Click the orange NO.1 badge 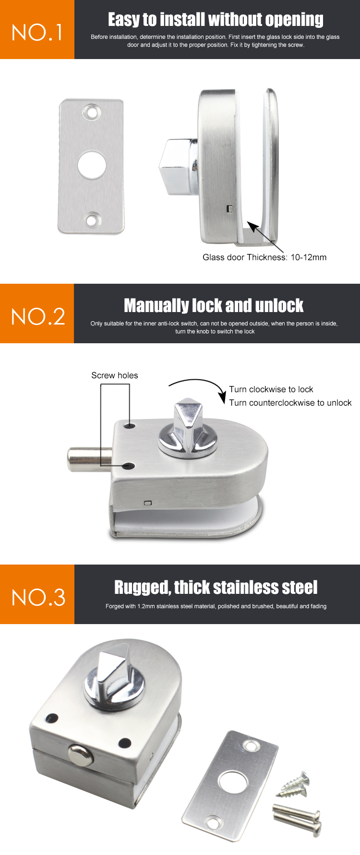click(x=37, y=30)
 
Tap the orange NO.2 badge click(x=37, y=314)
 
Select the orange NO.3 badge click(x=37, y=595)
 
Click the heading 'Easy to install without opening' click(x=216, y=20)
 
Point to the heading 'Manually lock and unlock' click(x=214, y=305)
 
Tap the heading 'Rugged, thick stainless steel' click(x=216, y=587)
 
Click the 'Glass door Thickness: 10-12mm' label click(x=264, y=257)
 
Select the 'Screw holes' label click(x=115, y=375)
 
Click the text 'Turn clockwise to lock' click(x=271, y=389)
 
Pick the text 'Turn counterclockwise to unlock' click(x=290, y=403)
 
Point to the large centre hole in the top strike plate click(x=92, y=165)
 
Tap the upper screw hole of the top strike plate click(x=91, y=112)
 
